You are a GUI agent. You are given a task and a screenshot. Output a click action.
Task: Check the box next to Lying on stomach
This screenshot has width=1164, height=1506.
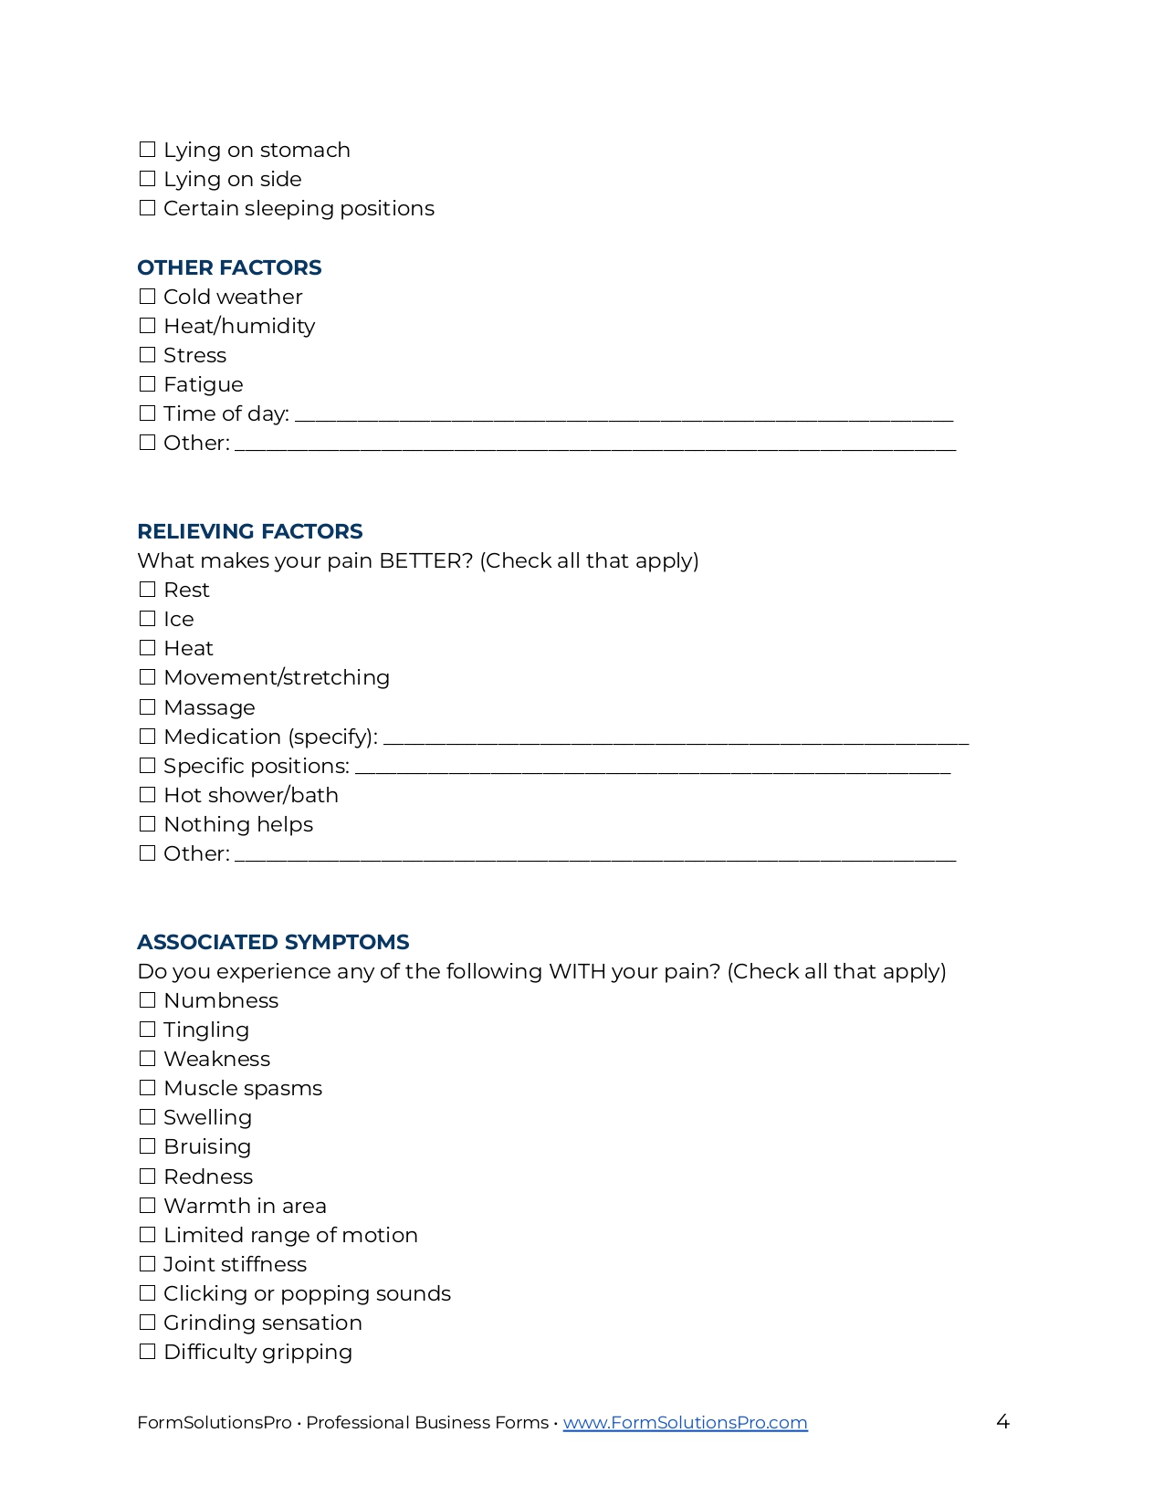tap(147, 150)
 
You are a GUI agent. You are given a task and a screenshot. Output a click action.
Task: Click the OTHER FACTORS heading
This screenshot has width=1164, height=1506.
tap(229, 267)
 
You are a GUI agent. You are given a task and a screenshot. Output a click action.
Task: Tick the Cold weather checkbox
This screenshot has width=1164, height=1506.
tap(147, 297)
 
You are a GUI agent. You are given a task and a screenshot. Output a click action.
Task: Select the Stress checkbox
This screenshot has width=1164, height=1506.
tap(147, 355)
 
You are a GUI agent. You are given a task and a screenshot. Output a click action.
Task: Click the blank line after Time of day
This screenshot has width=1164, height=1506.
tap(624, 415)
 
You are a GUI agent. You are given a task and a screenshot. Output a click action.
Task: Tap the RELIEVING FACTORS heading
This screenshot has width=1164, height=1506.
tap(249, 531)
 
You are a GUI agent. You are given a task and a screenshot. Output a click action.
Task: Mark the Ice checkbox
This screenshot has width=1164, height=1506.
tap(147, 619)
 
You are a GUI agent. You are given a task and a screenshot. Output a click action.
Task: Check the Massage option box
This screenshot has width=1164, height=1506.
tap(147, 707)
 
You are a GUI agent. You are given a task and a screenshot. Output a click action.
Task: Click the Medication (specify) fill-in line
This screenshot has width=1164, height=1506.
tap(676, 738)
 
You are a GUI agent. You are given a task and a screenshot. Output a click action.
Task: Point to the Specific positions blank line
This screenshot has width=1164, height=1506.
tap(653, 768)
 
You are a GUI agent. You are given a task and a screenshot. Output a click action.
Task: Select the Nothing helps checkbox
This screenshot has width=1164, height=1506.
tap(147, 824)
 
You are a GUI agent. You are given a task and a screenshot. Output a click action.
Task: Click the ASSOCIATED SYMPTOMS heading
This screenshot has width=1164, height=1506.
tap(273, 942)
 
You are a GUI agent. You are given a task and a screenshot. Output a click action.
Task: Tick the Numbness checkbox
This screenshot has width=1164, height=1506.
tap(147, 1000)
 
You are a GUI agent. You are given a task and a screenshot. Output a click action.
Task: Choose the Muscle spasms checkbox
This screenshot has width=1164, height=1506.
tap(147, 1088)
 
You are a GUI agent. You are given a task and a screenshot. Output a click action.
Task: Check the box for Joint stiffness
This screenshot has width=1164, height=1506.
tap(147, 1264)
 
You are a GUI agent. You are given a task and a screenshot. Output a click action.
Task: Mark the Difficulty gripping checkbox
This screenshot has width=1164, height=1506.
tap(147, 1352)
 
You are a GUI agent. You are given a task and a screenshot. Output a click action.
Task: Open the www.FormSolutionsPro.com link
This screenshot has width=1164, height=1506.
tap(685, 1423)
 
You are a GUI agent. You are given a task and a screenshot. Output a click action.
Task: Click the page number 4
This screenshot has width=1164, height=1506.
tap(1002, 1422)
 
